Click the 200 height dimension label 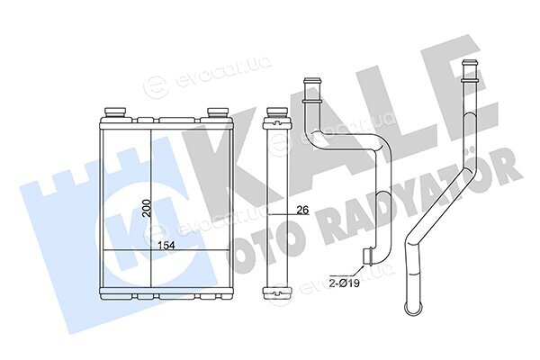point(148,209)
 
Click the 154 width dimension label point(166,246)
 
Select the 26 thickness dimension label point(302,210)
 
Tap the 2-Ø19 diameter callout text point(344,283)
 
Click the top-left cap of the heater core point(115,112)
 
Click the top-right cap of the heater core point(217,112)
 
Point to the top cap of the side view point(277,112)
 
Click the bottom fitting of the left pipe point(368,256)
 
